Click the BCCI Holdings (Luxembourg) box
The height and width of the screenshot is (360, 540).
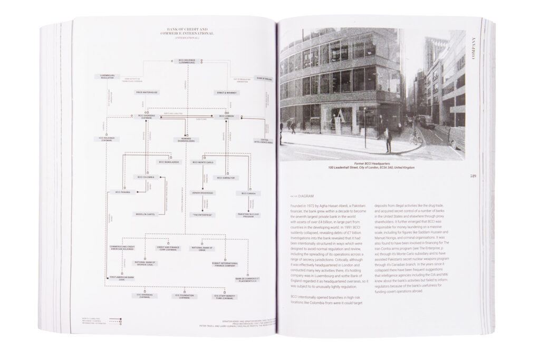point(187,68)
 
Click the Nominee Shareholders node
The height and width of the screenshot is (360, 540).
point(185,140)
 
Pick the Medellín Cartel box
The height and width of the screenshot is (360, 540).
point(143,214)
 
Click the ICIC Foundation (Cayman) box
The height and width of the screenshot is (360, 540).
point(185,296)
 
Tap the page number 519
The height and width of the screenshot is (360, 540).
point(472,176)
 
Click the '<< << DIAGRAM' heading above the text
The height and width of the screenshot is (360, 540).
point(302,196)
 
